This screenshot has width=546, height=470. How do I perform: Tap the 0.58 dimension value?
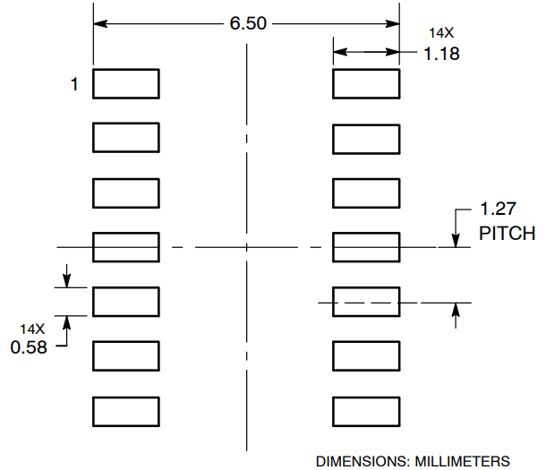coord(29,346)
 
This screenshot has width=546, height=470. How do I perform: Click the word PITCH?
coord(507,234)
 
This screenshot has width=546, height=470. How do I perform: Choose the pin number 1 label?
coord(75,84)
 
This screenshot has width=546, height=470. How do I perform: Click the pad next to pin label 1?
coord(126,83)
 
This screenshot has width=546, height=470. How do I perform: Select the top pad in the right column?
coord(366,83)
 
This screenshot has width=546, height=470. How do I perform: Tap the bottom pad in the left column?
coord(126,412)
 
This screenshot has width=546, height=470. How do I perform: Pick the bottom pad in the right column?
coord(366,412)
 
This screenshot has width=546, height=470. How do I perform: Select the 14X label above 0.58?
coord(31,328)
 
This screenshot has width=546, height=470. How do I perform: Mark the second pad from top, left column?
coord(126,138)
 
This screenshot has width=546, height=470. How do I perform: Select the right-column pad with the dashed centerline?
coord(366,303)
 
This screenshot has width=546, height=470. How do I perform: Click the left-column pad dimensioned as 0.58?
coord(126,302)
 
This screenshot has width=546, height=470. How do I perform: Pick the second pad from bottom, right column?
coord(366,357)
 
